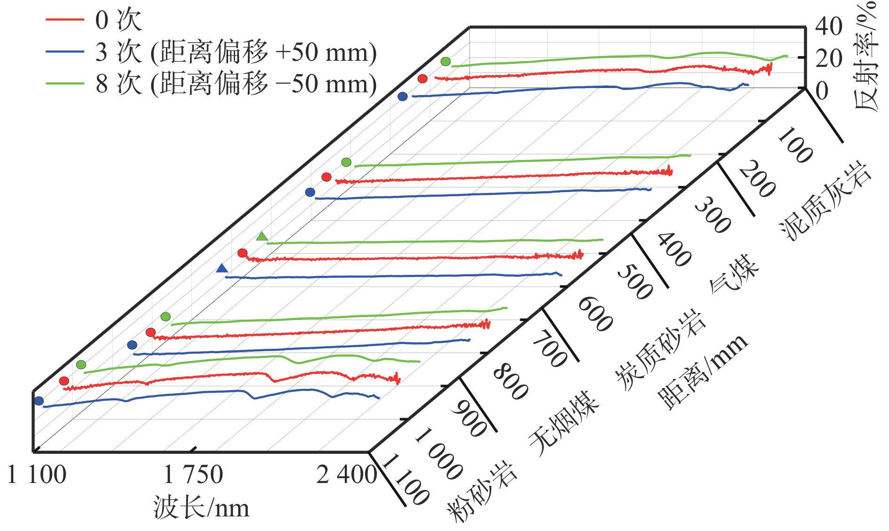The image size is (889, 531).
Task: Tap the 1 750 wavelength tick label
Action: [x=193, y=475]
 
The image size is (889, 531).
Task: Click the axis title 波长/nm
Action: [x=201, y=508]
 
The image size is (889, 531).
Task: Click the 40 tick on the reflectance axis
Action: [x=829, y=26]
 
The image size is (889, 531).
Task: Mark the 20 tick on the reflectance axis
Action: [x=829, y=58]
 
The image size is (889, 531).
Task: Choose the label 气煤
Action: [x=734, y=273]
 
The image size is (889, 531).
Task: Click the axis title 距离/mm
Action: [x=703, y=372]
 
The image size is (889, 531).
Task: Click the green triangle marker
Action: [x=262, y=236]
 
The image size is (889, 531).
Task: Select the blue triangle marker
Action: [x=222, y=268]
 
